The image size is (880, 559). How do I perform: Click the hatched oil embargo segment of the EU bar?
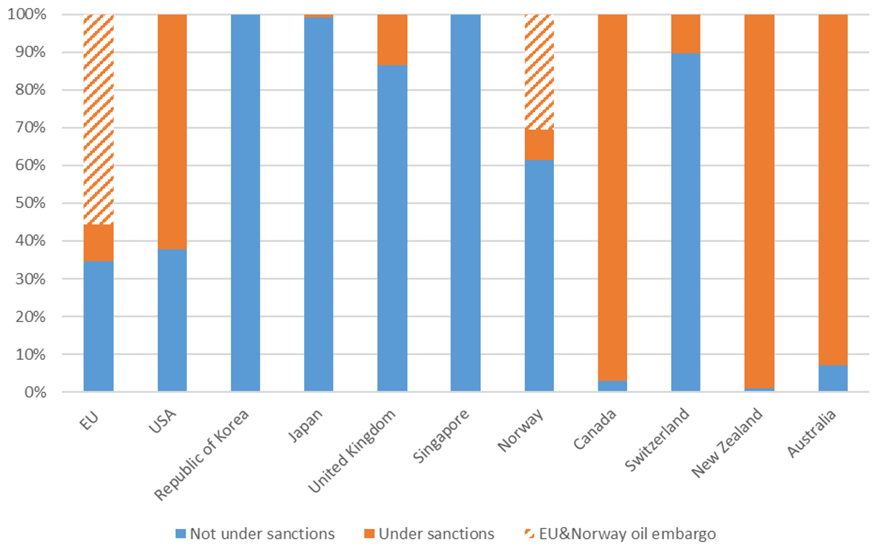(x=98, y=120)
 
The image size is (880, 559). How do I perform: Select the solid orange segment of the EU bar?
(x=98, y=243)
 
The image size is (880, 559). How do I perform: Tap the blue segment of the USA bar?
(x=172, y=320)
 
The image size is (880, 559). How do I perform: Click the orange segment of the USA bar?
(x=172, y=132)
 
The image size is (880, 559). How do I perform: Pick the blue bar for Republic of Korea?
(x=246, y=203)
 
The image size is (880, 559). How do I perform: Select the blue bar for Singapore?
(x=466, y=203)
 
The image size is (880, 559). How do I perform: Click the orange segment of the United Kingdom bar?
(x=393, y=40)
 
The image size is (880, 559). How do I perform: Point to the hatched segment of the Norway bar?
(x=539, y=72)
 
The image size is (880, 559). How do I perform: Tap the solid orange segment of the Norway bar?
(x=539, y=145)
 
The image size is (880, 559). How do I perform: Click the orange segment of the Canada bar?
(x=613, y=198)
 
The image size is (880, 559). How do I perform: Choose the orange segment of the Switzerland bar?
(x=686, y=34)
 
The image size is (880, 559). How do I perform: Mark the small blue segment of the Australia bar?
(x=833, y=378)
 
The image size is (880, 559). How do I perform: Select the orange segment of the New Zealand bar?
(x=759, y=202)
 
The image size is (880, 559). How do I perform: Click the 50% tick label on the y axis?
(x=31, y=203)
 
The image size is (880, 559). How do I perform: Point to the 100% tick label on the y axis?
(x=27, y=14)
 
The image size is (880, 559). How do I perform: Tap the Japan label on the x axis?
(x=305, y=425)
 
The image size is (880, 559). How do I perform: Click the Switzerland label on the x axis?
(x=657, y=439)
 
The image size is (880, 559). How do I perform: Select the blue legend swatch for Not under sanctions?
(x=180, y=534)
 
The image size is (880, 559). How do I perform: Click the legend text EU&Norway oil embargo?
(x=628, y=534)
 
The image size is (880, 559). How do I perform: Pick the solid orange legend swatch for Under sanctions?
(x=370, y=534)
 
